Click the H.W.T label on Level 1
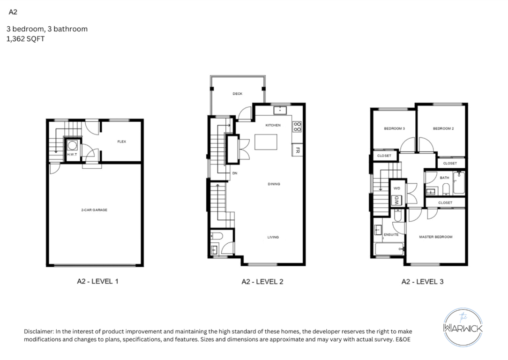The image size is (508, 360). pyautogui.click(x=72, y=155)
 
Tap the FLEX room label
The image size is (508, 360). pyautogui.click(x=121, y=142)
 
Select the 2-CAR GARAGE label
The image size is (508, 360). pyautogui.click(x=94, y=210)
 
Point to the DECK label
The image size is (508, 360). pyautogui.click(x=238, y=94)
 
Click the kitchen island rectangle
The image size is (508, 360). pyautogui.click(x=266, y=142)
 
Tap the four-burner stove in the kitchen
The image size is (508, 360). pyautogui.click(x=297, y=127)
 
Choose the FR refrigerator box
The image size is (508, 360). pyautogui.click(x=297, y=150)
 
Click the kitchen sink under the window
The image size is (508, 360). pyautogui.click(x=280, y=110)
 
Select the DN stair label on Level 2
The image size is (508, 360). pyautogui.click(x=235, y=173)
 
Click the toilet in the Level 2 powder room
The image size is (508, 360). pyautogui.click(x=217, y=236)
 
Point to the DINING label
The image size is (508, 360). pyautogui.click(x=274, y=184)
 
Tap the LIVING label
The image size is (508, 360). pyautogui.click(x=273, y=237)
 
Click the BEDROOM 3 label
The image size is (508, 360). pyautogui.click(x=394, y=128)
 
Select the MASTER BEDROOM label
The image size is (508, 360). pyautogui.click(x=436, y=237)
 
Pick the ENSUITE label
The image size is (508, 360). pyautogui.click(x=391, y=234)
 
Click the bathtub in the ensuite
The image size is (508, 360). pyautogui.click(x=389, y=249)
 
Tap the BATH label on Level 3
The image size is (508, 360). pyautogui.click(x=444, y=178)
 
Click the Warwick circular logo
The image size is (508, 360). pyautogui.click(x=463, y=327)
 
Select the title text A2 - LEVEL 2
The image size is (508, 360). pyautogui.click(x=262, y=282)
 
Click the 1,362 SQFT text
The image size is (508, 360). pyautogui.click(x=26, y=39)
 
